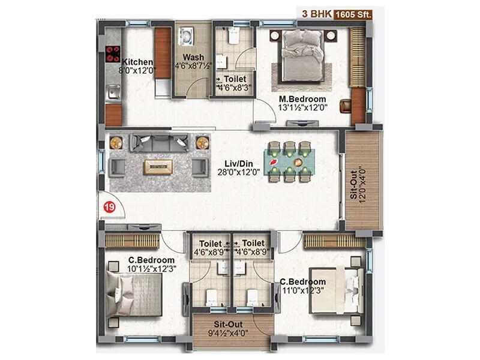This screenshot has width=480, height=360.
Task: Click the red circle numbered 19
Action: [x=110, y=207]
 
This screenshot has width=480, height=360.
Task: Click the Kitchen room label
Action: [x=137, y=62]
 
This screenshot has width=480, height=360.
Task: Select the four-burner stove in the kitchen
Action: [x=113, y=55]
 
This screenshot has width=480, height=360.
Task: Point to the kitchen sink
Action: [x=113, y=92]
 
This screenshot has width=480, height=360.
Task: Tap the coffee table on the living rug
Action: [x=158, y=166]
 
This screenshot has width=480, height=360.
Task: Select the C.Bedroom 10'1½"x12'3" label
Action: [x=151, y=264]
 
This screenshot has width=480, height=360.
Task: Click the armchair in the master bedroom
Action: [x=346, y=106]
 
